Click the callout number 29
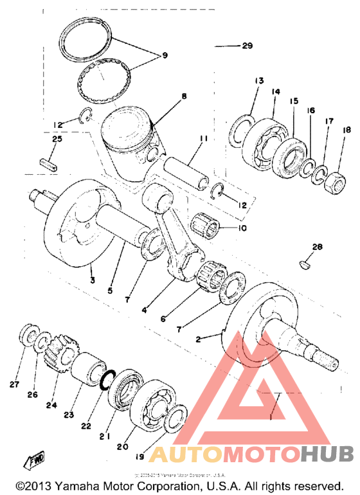click(247, 46)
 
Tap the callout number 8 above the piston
click(184, 96)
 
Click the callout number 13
click(259, 81)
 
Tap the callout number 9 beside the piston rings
click(164, 56)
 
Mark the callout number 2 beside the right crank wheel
click(198, 337)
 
